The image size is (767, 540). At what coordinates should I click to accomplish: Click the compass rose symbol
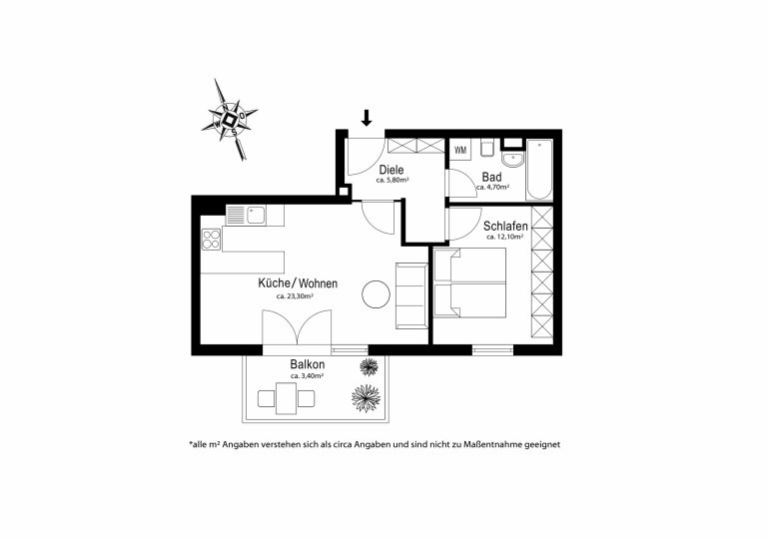coord(229,119)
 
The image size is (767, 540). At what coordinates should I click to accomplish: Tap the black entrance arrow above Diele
coord(367,118)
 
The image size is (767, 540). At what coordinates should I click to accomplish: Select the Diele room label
coord(391,170)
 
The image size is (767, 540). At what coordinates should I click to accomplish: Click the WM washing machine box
coord(460,150)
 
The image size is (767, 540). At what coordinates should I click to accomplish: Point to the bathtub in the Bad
coord(539,170)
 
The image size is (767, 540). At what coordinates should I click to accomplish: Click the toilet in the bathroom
coord(487,148)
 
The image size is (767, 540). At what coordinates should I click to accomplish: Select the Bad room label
coord(491,177)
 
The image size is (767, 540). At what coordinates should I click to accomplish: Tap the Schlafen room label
coord(505,227)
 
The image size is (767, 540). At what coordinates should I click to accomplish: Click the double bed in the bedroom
coord(470,282)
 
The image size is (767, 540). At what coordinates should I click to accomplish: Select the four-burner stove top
coord(212,239)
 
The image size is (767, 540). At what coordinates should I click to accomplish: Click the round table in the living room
coord(376,294)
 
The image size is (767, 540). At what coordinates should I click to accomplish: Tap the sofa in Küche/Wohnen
coord(411,295)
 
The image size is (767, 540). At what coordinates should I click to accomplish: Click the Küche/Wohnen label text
coord(298,283)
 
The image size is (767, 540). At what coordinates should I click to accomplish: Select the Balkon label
coord(308,364)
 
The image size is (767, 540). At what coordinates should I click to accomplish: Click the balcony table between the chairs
coord(287,398)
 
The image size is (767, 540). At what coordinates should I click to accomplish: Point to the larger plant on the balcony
coord(366,397)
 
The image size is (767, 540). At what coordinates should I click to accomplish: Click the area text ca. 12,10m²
coord(504,237)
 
